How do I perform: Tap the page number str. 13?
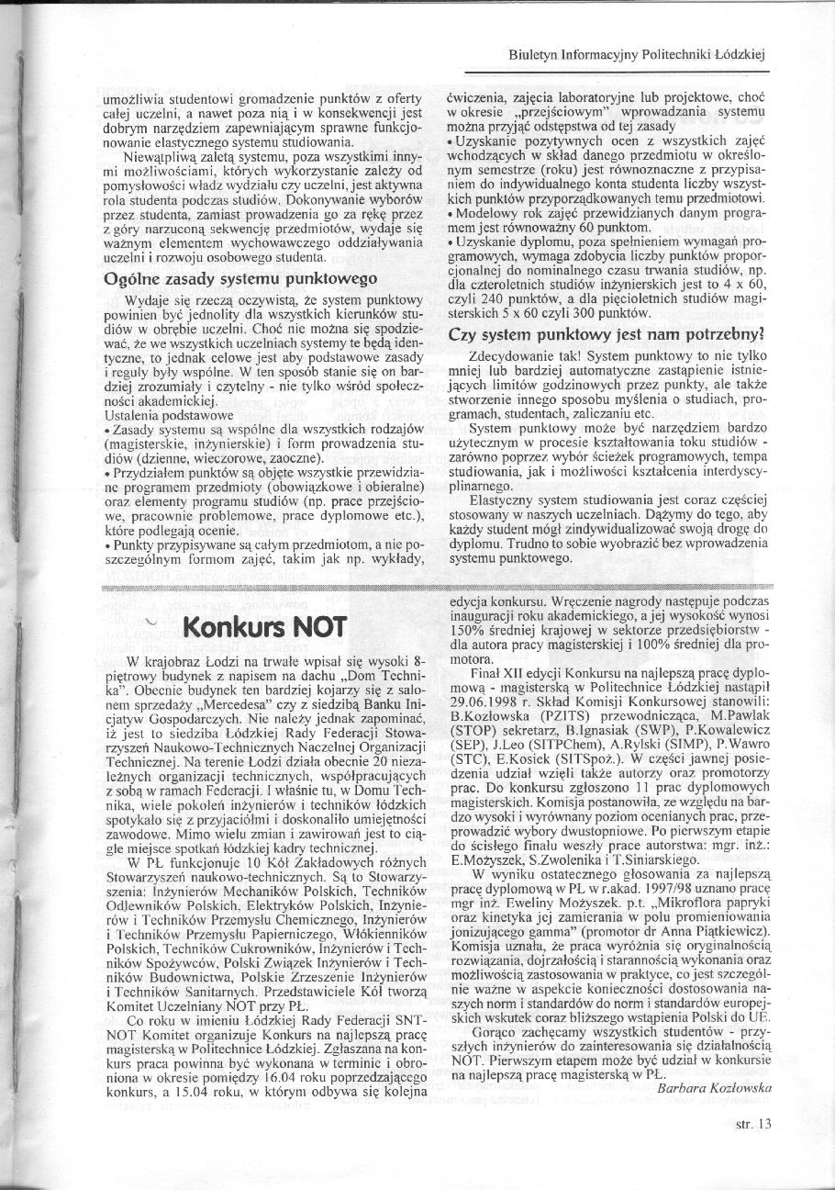point(753,1123)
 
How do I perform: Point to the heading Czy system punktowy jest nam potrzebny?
point(607,335)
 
